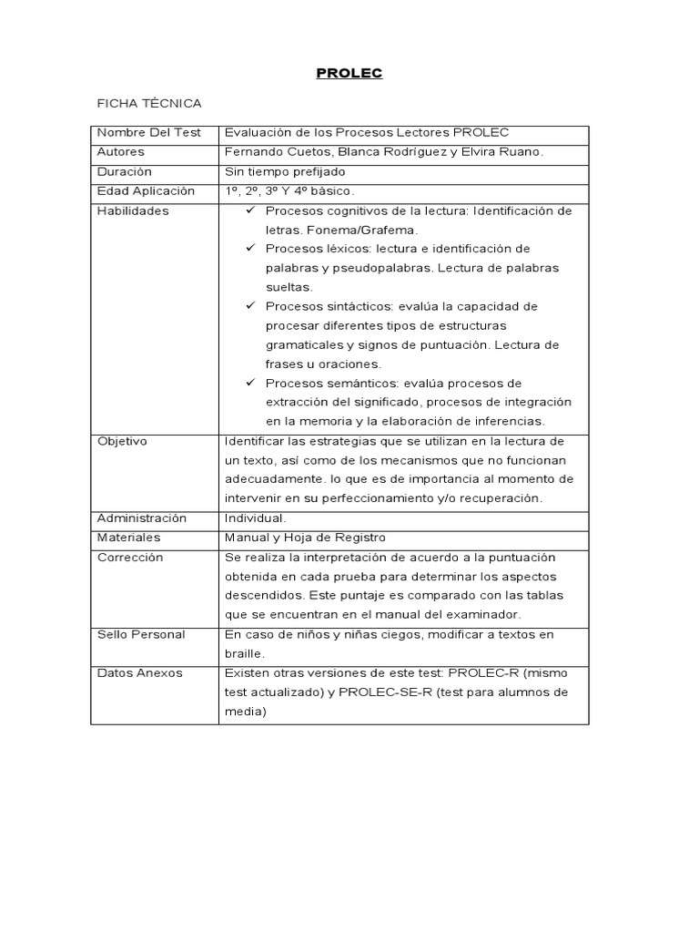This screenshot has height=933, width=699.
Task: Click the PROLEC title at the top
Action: click(x=349, y=74)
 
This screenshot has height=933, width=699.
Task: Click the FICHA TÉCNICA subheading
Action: click(x=148, y=104)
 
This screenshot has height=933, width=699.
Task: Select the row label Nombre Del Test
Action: click(x=148, y=133)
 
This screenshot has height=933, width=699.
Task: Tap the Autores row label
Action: click(x=121, y=152)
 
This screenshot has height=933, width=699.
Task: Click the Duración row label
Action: click(x=125, y=171)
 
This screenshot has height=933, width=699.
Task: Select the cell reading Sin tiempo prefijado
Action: click(x=285, y=171)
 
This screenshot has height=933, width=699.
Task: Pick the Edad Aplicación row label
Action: click(x=146, y=191)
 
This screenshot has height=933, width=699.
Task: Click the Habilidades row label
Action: click(x=133, y=210)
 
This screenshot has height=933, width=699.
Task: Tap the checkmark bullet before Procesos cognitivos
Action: click(x=250, y=210)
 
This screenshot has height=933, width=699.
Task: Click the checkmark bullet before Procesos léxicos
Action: click(x=250, y=249)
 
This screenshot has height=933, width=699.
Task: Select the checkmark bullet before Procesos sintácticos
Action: click(x=250, y=306)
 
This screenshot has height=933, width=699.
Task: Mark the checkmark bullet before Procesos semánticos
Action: click(x=250, y=383)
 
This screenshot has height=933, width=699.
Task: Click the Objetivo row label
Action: click(x=122, y=441)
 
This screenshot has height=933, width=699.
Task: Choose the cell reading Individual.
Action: click(x=255, y=518)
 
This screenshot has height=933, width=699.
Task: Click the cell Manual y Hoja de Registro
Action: click(x=304, y=538)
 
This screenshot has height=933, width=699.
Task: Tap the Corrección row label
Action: click(x=130, y=557)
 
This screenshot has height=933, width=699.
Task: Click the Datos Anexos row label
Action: click(x=139, y=672)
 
